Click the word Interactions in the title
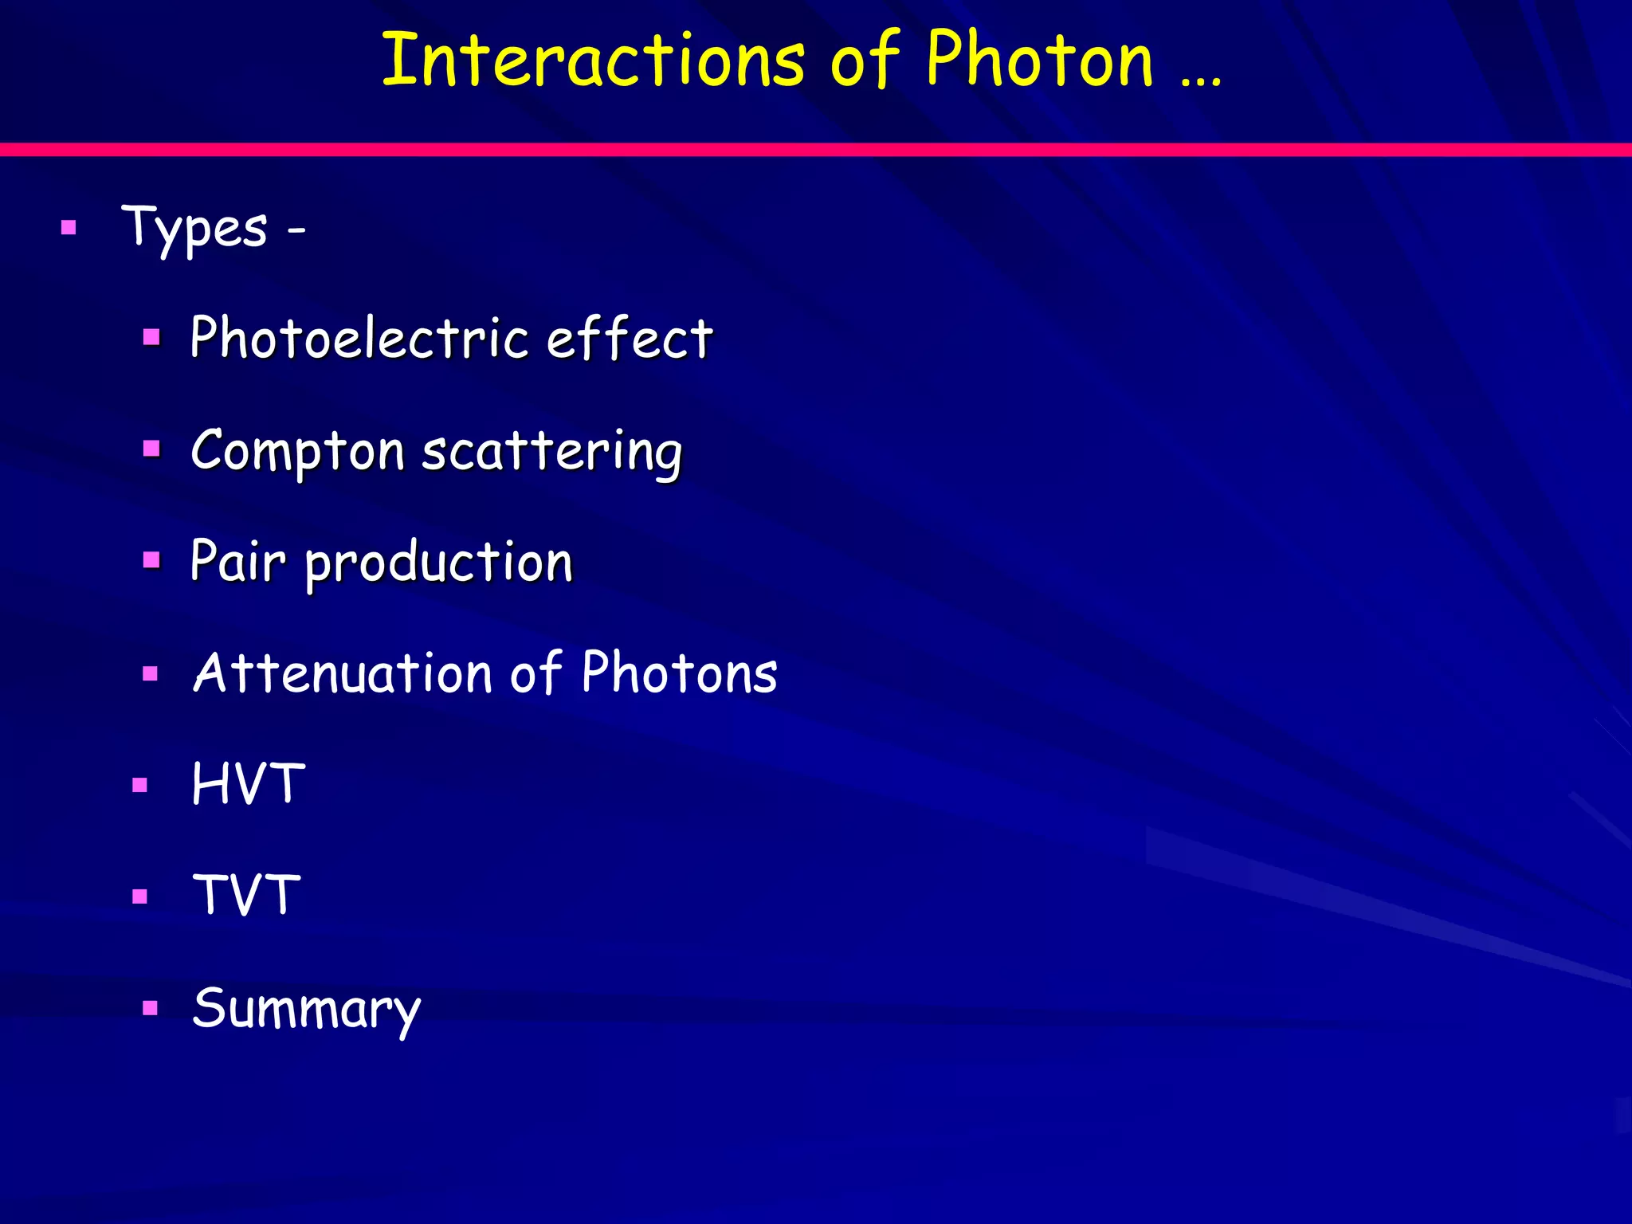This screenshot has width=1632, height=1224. pos(593,61)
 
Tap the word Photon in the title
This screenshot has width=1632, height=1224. pos(1039,61)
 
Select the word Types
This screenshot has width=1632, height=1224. pos(194,229)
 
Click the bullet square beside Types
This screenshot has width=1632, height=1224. pos(69,229)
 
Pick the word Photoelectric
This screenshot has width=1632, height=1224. pos(359,338)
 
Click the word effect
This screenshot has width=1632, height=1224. pos(630,338)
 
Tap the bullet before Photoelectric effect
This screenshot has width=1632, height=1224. pos(151,337)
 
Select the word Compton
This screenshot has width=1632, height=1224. pos(298,451)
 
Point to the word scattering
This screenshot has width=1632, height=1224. pos(551,451)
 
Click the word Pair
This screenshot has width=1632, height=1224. pos(237,561)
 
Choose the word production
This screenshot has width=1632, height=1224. pos(439,563)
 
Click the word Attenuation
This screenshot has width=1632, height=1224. pos(343,673)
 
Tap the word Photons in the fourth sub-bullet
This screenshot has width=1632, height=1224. pos(679,673)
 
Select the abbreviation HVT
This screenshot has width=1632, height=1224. pos(249,784)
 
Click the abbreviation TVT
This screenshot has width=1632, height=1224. pos(247,896)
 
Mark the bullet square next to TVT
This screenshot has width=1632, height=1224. pos(140,896)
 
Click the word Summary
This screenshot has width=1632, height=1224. pos(306,1009)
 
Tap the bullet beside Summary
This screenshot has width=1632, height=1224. pos(151,1008)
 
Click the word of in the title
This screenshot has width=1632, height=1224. pos(865,61)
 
